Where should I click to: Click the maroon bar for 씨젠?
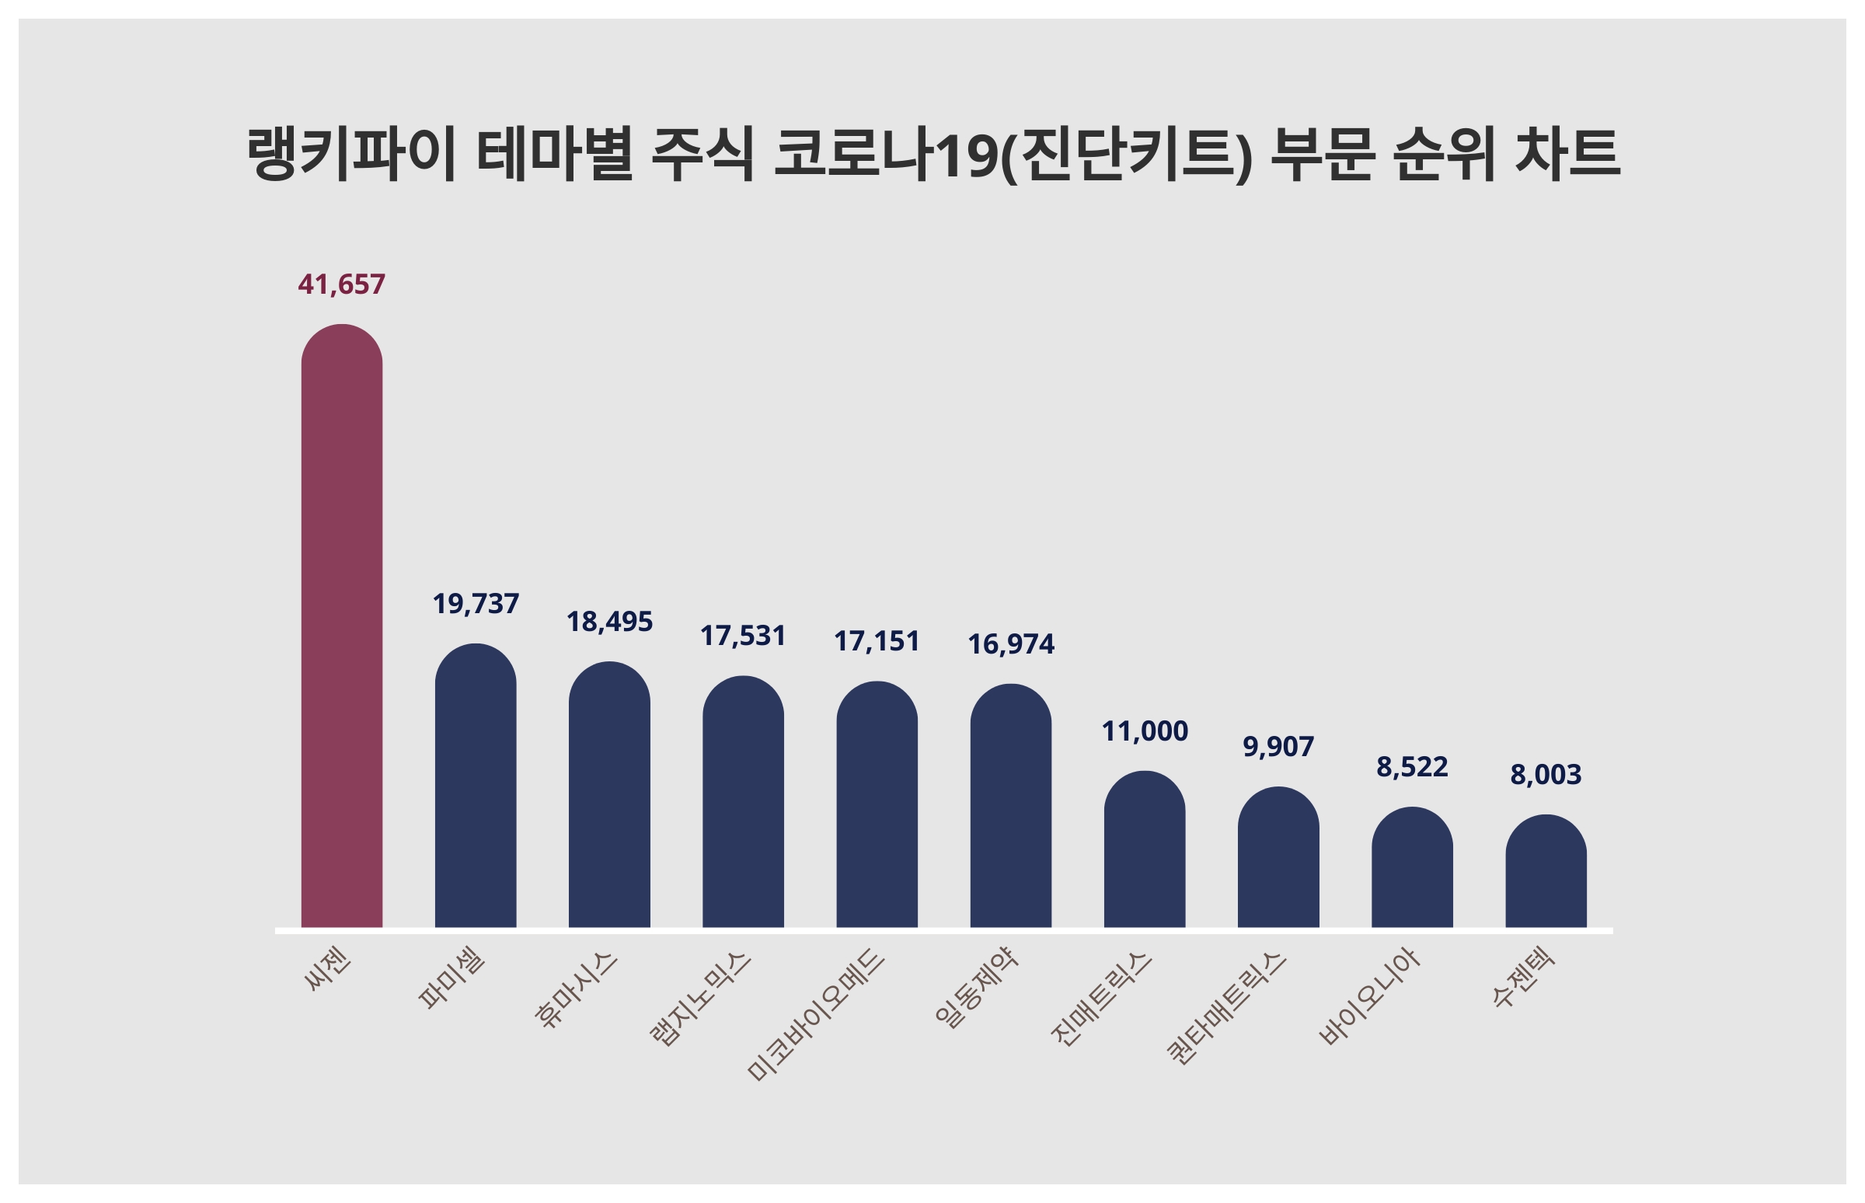pos(341,626)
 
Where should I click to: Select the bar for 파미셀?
pos(475,786)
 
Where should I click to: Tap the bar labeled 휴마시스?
pos(609,794)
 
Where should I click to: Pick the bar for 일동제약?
pos(1011,805)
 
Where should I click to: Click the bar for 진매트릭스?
pos(1144,850)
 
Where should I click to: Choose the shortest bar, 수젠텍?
pos(1546,871)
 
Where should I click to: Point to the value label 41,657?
pos(341,285)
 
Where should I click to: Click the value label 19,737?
pos(475,605)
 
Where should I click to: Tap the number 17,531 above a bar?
pos(743,636)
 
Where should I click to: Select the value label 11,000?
pos(1144,732)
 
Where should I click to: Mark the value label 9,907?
pos(1278,748)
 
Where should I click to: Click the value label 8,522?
pos(1412,768)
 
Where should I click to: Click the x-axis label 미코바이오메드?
pos(817,1014)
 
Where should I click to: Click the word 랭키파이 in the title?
pos(350,155)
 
